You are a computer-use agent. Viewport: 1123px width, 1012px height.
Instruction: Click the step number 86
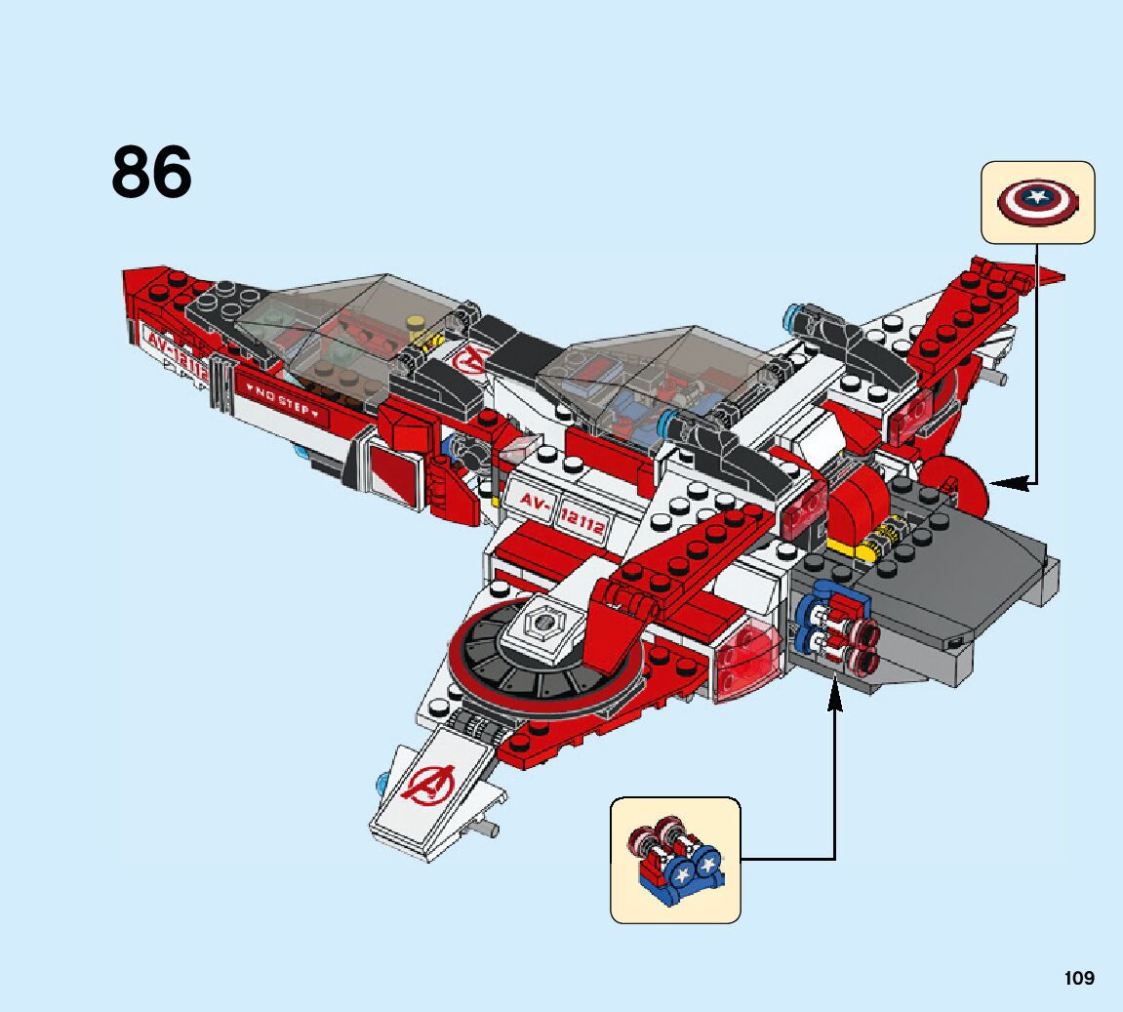(152, 173)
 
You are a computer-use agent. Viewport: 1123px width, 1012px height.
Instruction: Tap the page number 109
(1079, 978)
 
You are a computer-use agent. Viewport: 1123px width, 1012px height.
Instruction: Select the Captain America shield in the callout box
(1037, 201)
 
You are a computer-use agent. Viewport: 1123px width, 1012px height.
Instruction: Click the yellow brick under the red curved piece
(848, 546)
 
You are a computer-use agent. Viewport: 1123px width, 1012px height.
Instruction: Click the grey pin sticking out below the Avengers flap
(485, 830)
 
